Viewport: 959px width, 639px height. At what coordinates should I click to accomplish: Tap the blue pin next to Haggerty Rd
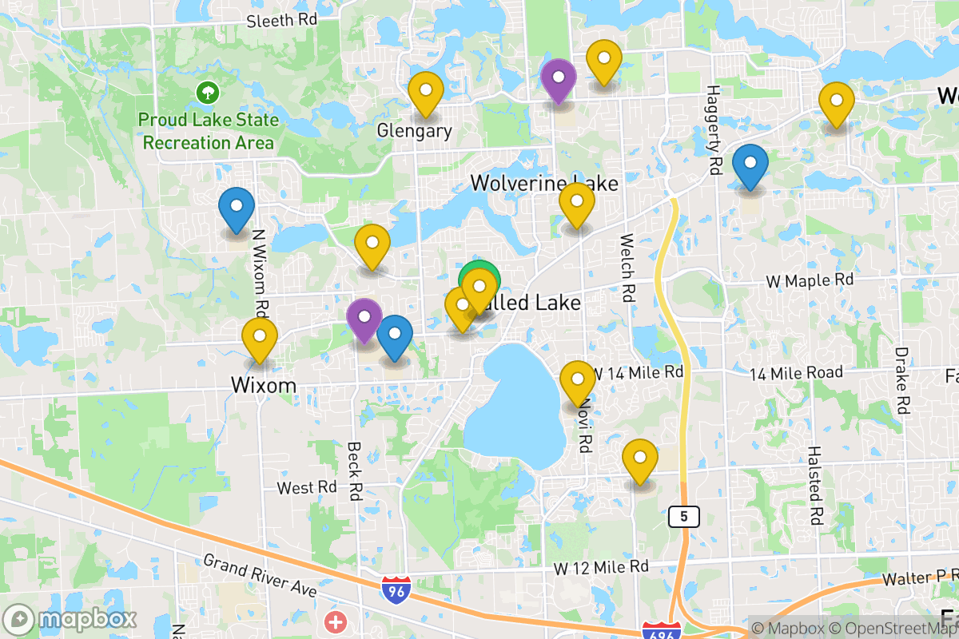tap(750, 165)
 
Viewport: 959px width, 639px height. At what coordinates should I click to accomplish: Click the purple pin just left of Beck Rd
tap(364, 318)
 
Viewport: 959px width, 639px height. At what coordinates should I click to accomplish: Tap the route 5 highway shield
tap(684, 516)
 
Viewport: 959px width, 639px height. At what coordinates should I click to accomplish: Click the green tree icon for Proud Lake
tap(208, 93)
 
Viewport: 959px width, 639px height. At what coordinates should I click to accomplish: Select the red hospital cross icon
tap(336, 621)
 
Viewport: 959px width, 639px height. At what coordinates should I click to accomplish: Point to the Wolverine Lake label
tap(543, 183)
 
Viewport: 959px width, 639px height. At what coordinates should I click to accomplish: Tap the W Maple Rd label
tap(810, 280)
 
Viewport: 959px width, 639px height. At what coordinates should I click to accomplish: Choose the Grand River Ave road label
tap(260, 575)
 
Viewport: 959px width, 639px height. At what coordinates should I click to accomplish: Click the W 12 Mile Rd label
tap(601, 567)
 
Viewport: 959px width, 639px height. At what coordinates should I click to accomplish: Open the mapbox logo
tap(70, 619)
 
